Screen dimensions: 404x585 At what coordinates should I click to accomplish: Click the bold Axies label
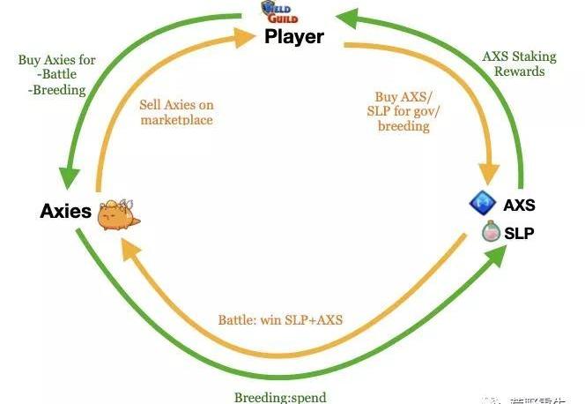(x=66, y=212)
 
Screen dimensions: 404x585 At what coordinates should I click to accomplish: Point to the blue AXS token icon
(x=479, y=205)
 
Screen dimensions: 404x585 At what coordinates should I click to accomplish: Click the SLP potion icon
(x=491, y=233)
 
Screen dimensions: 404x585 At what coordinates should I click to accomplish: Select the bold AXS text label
(x=519, y=206)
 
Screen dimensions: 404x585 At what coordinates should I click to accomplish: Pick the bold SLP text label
(x=519, y=234)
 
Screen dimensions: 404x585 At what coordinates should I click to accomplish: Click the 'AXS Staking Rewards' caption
(x=519, y=64)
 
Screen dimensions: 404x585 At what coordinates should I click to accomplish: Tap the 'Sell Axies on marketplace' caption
(x=176, y=112)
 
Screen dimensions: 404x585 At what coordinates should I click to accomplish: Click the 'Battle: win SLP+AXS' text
(x=280, y=319)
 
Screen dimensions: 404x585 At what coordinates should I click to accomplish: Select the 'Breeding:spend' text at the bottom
(x=280, y=397)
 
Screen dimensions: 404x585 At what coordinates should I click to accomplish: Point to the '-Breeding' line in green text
(x=57, y=90)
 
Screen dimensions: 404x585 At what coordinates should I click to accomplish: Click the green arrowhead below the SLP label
(x=497, y=256)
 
